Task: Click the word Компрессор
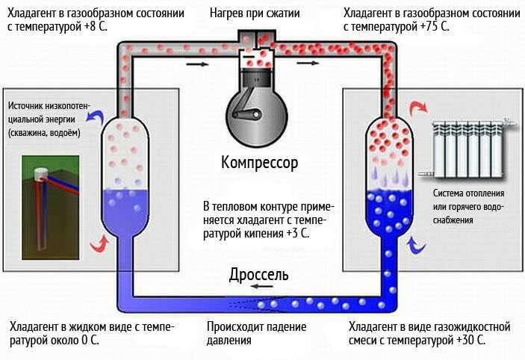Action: (259, 162)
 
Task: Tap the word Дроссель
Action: (258, 274)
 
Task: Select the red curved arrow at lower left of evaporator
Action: (98, 243)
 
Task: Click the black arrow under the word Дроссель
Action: (261, 287)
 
